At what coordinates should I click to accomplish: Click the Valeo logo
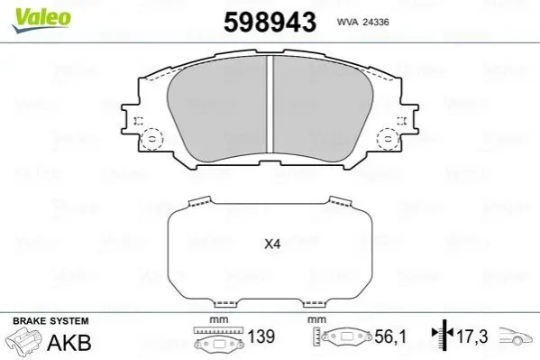pos(41,20)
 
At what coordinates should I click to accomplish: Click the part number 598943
pos(270,22)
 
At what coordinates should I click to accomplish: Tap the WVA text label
pos(348,22)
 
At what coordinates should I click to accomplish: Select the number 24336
pos(377,22)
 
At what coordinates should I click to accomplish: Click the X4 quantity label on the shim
pos(272,245)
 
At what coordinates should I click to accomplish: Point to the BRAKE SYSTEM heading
pos(50,321)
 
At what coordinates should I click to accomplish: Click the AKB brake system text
pos(69,342)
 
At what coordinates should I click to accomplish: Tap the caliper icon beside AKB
pos(24,338)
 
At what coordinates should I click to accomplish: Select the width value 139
pos(261,337)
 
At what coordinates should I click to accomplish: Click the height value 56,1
pos(390,337)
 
